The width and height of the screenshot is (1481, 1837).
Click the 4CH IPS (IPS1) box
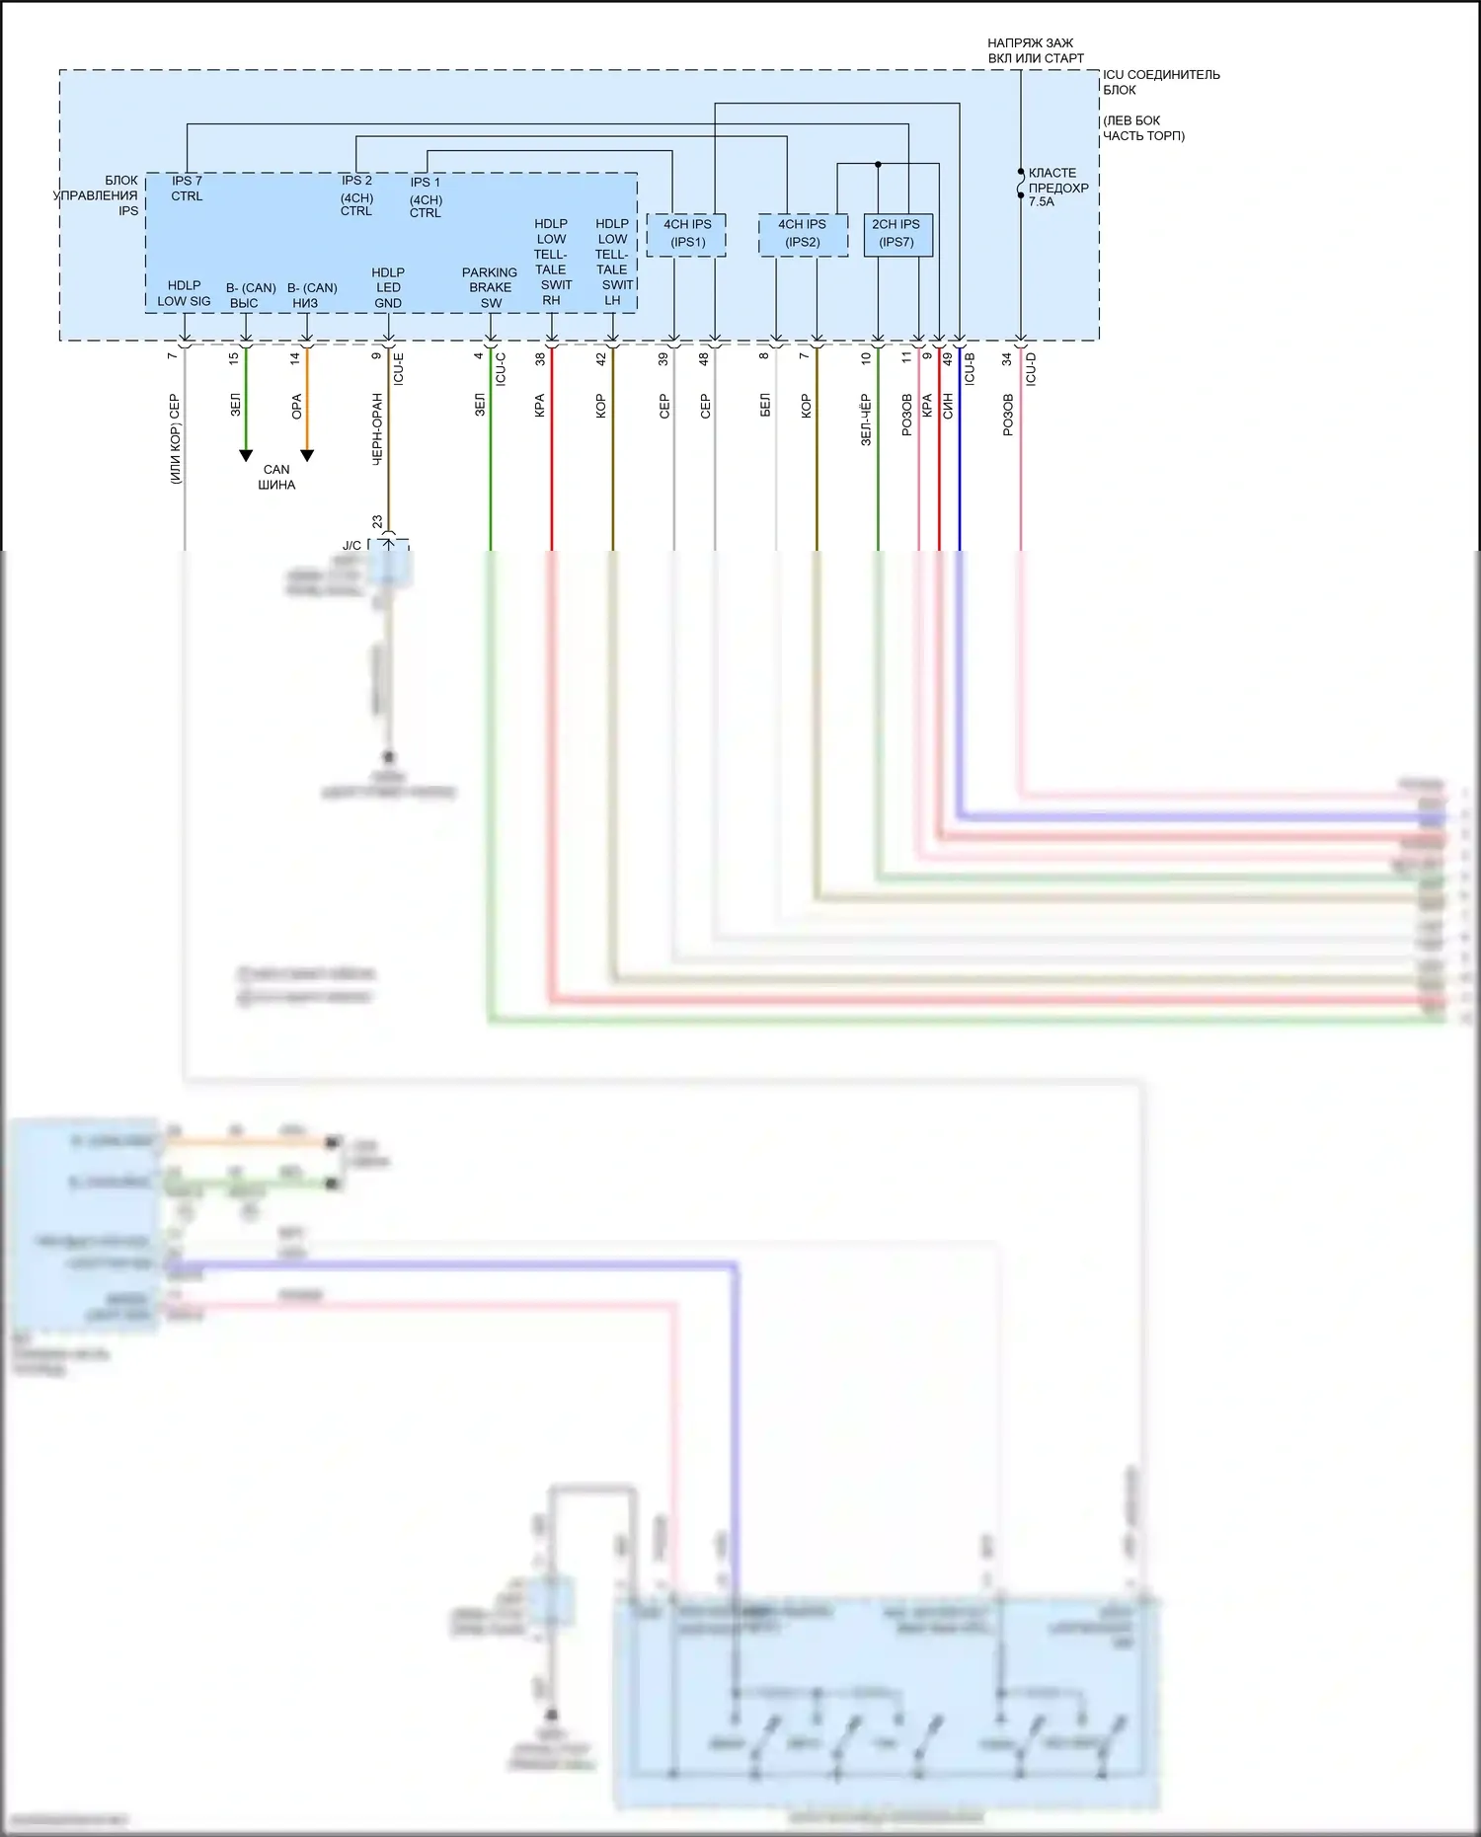(x=687, y=234)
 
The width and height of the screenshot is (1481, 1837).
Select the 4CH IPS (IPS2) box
(x=802, y=234)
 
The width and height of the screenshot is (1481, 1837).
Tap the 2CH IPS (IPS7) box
(x=896, y=234)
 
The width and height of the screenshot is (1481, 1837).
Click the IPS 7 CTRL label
(x=187, y=189)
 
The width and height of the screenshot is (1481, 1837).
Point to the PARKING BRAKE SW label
(x=490, y=287)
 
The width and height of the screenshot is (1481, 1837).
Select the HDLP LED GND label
(x=388, y=287)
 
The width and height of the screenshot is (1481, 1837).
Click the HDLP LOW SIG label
(x=184, y=293)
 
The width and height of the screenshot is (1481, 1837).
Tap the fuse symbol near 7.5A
(x=1021, y=185)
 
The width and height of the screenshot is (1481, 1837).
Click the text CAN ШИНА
(x=276, y=477)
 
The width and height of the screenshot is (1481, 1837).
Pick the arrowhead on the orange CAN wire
(x=307, y=455)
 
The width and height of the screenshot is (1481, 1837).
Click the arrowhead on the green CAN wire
(x=246, y=455)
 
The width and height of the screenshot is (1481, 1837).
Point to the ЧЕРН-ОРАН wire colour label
(x=377, y=429)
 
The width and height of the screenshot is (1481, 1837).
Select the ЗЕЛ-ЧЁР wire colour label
(x=866, y=421)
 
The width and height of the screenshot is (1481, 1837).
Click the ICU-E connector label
(x=398, y=368)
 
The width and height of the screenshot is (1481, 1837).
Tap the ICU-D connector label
(x=1031, y=368)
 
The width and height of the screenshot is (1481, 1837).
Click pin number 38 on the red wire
(x=541, y=359)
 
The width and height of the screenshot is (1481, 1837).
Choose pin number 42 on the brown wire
(x=601, y=359)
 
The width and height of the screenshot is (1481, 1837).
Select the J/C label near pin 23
(x=351, y=545)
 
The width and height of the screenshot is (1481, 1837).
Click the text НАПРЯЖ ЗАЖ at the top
(x=1030, y=43)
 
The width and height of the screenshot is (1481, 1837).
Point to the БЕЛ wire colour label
(x=765, y=406)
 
